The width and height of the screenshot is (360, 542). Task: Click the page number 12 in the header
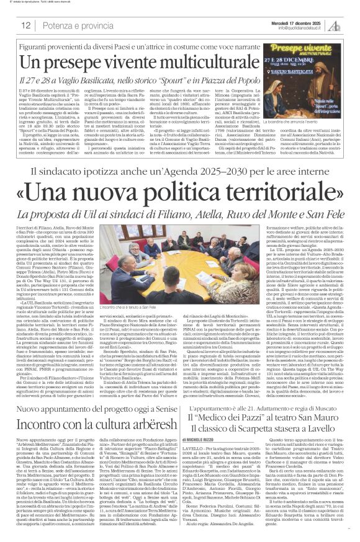pyautogui.click(x=25, y=26)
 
